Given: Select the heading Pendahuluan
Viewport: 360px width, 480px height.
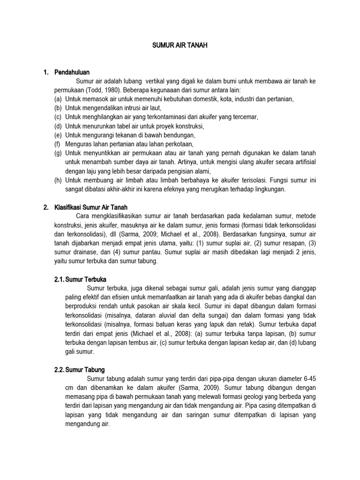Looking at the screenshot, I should click(x=71, y=72).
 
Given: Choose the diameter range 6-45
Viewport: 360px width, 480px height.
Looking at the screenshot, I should click(x=307, y=379).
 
